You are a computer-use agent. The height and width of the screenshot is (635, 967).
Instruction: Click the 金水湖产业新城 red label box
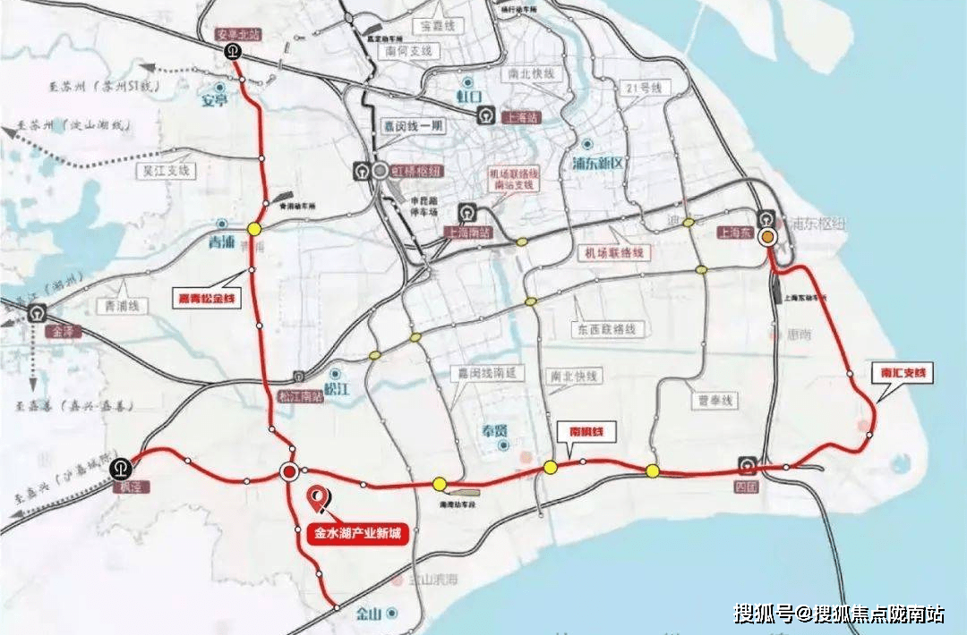point(355,535)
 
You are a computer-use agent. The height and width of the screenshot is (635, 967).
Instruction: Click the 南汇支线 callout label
point(901,374)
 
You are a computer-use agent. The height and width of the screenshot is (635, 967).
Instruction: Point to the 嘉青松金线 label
point(208,298)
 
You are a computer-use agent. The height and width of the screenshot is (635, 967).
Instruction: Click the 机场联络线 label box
point(614,253)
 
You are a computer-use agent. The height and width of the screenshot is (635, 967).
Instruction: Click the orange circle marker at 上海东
point(767,237)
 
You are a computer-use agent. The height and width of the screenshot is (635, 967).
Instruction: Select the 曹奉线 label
point(713,400)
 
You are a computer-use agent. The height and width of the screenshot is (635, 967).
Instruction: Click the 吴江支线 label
point(167,169)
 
